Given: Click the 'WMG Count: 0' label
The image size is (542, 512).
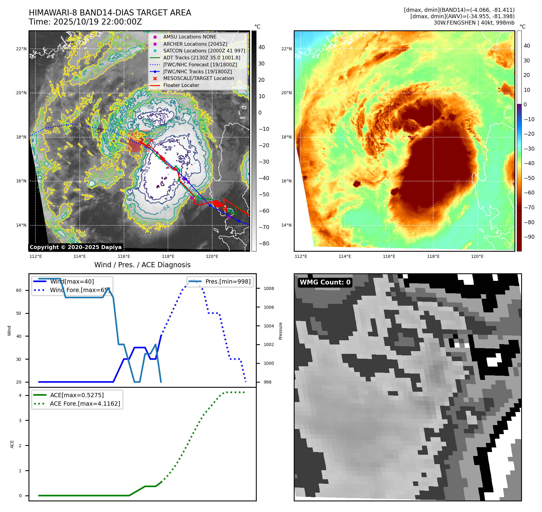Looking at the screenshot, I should (x=325, y=282).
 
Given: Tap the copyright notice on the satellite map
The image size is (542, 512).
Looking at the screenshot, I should (x=75, y=247).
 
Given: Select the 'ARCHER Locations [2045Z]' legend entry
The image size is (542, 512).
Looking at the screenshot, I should (x=195, y=44).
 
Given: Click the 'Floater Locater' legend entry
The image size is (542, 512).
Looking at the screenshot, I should (x=181, y=85).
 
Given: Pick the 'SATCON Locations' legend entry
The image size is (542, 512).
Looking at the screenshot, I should (x=204, y=51).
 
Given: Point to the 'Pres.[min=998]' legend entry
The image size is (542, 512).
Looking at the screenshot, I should (x=228, y=282).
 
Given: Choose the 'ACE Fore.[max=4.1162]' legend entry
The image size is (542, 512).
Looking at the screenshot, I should (x=85, y=404).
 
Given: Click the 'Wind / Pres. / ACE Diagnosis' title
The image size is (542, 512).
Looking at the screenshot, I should (x=142, y=265).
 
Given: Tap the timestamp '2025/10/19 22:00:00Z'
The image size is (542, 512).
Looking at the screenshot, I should (x=98, y=22).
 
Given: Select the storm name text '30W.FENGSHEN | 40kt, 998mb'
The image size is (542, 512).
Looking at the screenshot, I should (x=474, y=23).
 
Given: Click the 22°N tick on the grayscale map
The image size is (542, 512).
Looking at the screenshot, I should (x=21, y=49).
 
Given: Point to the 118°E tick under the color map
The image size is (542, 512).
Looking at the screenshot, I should (x=433, y=256).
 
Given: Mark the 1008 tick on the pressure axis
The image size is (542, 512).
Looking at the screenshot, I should (x=269, y=288).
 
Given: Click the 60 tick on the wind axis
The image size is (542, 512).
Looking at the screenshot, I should (x=19, y=290).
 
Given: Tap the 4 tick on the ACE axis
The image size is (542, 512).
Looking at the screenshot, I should (x=20, y=395).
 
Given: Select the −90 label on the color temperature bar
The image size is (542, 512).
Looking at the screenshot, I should (x=529, y=237).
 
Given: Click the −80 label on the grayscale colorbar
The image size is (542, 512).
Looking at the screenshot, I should (x=264, y=244).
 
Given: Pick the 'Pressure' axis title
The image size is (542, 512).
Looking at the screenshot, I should (x=281, y=331).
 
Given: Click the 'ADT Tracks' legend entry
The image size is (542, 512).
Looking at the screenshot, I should (x=202, y=58).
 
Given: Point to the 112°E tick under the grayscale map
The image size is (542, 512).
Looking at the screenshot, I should (x=36, y=256).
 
